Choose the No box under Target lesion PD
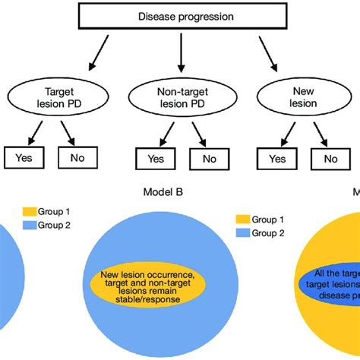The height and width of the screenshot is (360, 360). coord(77,157)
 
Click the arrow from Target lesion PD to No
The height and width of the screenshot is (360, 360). coord(67,134)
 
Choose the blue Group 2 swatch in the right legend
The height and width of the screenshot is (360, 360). coord(244,233)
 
